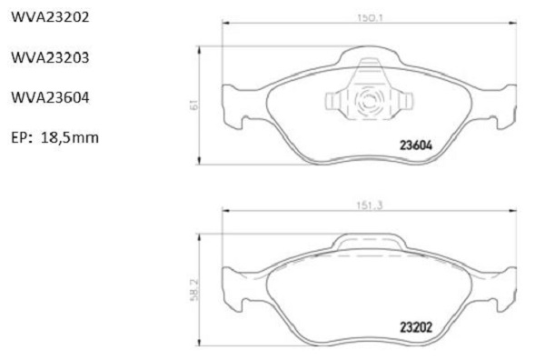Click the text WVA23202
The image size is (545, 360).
50,16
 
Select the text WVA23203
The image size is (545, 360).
50,57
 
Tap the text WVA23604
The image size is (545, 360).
50,97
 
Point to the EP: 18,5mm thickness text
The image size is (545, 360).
54,138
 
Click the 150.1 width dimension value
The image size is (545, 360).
370,18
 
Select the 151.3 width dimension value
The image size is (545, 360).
369,205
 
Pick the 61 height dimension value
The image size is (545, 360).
193,105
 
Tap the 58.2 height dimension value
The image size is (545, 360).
194,290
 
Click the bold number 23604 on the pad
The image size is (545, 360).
416,145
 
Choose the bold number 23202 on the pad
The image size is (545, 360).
416,327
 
